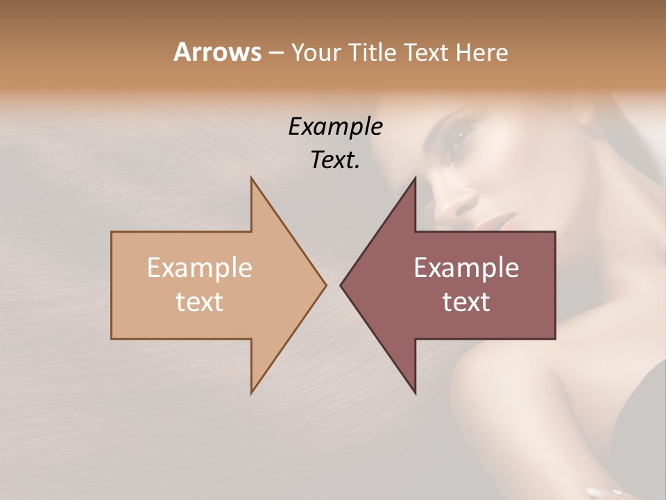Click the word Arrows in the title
coord(217,52)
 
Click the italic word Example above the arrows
coord(335,127)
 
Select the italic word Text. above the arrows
coord(335,160)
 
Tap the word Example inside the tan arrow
coord(200,267)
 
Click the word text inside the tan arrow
coord(200,301)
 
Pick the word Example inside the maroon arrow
coord(466,267)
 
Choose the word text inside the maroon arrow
coord(466,301)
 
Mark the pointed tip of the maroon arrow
coord(341,285)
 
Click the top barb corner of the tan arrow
coord(252,178)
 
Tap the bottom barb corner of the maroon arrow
coord(415,392)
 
